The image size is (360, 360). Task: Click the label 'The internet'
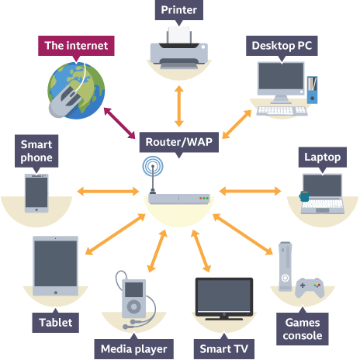(76, 46)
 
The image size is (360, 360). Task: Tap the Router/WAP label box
(179, 142)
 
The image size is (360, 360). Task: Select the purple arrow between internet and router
(119, 123)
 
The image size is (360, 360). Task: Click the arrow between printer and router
(179, 106)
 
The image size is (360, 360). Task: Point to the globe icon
(77, 91)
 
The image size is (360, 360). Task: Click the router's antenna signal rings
(153, 166)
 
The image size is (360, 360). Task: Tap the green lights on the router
(206, 199)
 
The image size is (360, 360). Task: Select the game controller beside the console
(310, 288)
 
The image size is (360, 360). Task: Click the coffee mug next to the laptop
(304, 196)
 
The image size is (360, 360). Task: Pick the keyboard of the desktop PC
(282, 111)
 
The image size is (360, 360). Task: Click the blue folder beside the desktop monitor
(312, 90)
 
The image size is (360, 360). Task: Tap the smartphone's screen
(36, 192)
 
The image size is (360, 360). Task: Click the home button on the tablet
(56, 292)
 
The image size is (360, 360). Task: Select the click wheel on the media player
(134, 307)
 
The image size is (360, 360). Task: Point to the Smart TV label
(224, 349)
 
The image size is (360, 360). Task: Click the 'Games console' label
(303, 329)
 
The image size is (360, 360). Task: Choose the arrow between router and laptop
(250, 192)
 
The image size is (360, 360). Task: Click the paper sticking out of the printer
(179, 34)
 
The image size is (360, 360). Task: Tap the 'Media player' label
(133, 349)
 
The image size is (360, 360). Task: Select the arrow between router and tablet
(115, 234)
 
